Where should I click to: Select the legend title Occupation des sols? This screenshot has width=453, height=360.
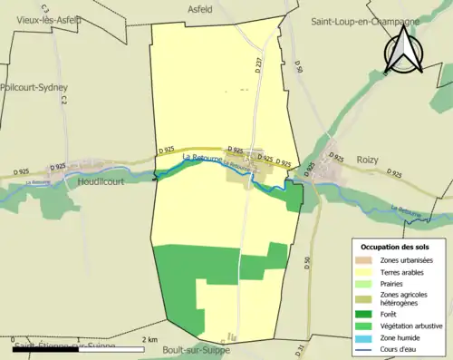pos(398,247)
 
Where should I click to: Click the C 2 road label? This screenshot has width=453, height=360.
pos(65,105)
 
